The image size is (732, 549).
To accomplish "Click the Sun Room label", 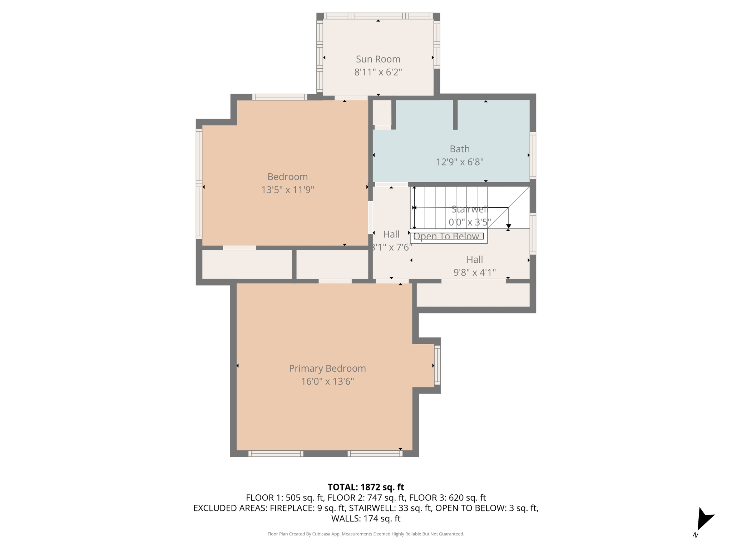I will [378, 59].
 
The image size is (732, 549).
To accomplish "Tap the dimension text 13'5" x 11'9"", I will [287, 190].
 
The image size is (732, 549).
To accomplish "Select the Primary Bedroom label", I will [327, 368].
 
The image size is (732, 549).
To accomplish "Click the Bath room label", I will [459, 149].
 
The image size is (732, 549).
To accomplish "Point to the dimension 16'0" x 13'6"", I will [327, 381].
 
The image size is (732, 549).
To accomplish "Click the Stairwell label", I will [469, 209].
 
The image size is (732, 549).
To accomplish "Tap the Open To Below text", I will [446, 236].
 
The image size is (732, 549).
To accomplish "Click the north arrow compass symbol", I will [704, 520].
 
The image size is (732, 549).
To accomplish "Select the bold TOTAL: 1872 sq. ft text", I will [366, 487].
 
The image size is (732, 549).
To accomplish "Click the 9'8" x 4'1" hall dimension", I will [474, 273].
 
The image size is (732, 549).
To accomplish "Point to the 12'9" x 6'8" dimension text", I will [459, 162].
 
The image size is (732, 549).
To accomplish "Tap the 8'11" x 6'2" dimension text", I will [378, 72].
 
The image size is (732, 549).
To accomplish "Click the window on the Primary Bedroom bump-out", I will [437, 365].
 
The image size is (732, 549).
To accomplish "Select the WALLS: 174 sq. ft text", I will [366, 519].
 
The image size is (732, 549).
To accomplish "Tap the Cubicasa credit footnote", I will [366, 534].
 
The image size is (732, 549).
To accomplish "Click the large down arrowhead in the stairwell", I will [508, 226].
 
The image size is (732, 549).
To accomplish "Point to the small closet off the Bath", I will [382, 112].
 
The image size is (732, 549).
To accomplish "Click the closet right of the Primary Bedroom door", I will [473, 295].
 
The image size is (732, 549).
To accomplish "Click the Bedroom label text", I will [287, 177].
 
